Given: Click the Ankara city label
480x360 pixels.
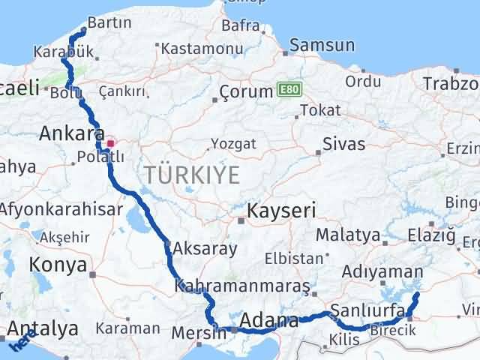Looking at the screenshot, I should pos(71,133).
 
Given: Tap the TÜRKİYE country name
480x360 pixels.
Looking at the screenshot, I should pos(193,176).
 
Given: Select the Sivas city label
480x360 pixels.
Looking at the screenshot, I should pos(343,144).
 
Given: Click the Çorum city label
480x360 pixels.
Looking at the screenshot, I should pos(246,92).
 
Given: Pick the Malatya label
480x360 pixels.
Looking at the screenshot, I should pos(347,235).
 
